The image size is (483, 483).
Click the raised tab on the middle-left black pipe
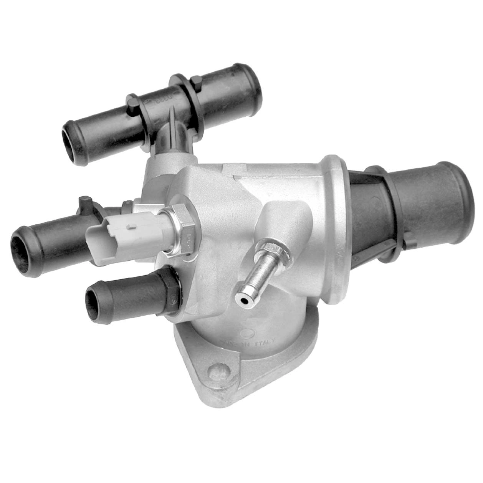(85, 202)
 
